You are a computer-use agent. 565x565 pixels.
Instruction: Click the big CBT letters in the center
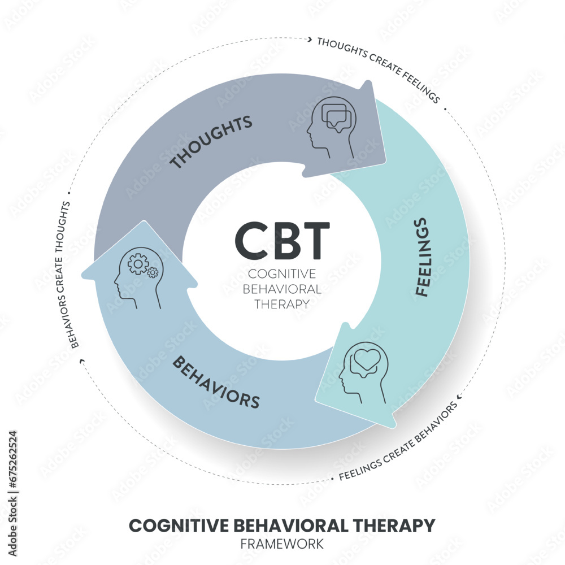click(282, 240)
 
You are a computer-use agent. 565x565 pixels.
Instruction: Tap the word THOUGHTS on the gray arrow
click(211, 143)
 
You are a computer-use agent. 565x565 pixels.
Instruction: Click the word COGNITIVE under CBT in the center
click(282, 273)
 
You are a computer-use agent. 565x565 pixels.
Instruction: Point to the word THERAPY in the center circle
click(282, 303)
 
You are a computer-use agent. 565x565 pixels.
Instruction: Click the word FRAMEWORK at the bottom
click(282, 544)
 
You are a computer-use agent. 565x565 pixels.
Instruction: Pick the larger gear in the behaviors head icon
click(137, 263)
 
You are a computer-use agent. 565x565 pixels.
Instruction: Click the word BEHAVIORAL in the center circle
click(282, 289)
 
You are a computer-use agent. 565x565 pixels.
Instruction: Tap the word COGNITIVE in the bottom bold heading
click(177, 525)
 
